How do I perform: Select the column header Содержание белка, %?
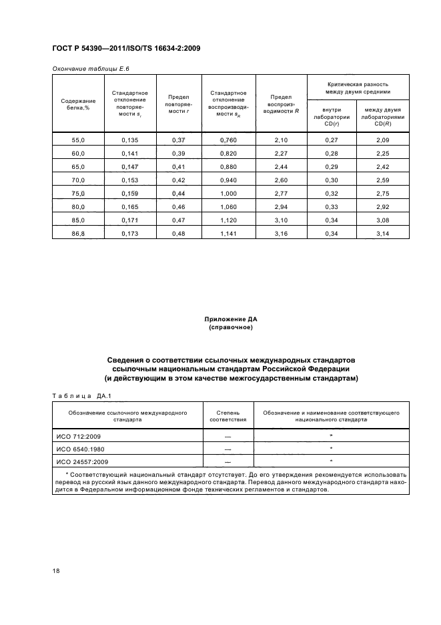tap(78, 104)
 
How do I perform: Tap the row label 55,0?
tap(78, 140)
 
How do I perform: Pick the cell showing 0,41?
tap(178, 166)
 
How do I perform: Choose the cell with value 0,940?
tap(228, 180)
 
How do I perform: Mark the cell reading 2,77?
tap(281, 194)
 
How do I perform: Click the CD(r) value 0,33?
tap(332, 207)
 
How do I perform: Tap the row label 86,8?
tap(78, 234)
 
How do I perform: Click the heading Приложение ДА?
tap(230, 321)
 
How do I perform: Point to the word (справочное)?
tap(230, 328)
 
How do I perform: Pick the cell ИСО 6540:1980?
tap(81, 449)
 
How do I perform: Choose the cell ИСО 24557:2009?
tap(83, 461)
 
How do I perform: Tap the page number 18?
tap(56, 572)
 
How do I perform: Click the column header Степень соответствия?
tap(228, 417)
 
